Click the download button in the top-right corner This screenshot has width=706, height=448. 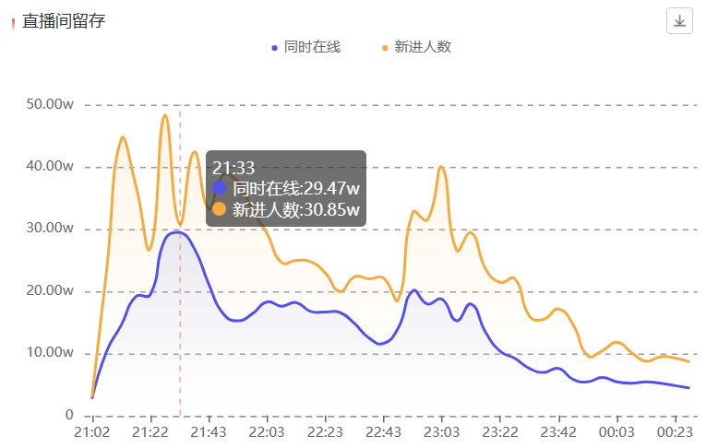[x=679, y=20]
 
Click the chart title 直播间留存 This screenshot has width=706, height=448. [x=64, y=20]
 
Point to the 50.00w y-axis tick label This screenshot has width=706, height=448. [x=50, y=105]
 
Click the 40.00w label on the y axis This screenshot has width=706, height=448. [x=50, y=167]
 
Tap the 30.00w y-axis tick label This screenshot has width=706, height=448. [x=50, y=229]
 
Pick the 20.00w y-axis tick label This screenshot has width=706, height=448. [x=50, y=291]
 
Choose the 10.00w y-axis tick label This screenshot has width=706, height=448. [x=50, y=353]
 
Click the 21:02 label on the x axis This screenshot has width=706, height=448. [x=92, y=431]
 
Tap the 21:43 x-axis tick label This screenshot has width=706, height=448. [x=209, y=431]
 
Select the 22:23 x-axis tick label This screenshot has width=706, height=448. [x=325, y=431]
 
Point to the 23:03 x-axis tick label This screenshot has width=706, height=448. [x=441, y=431]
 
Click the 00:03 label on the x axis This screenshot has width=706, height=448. [x=616, y=431]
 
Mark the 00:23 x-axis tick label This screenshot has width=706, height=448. [x=675, y=431]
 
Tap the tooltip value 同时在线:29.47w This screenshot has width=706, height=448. [x=295, y=188]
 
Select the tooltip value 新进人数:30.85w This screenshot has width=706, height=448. [x=295, y=209]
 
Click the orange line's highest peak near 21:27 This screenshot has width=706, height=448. [x=164, y=115]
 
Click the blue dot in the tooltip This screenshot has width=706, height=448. [x=220, y=188]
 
